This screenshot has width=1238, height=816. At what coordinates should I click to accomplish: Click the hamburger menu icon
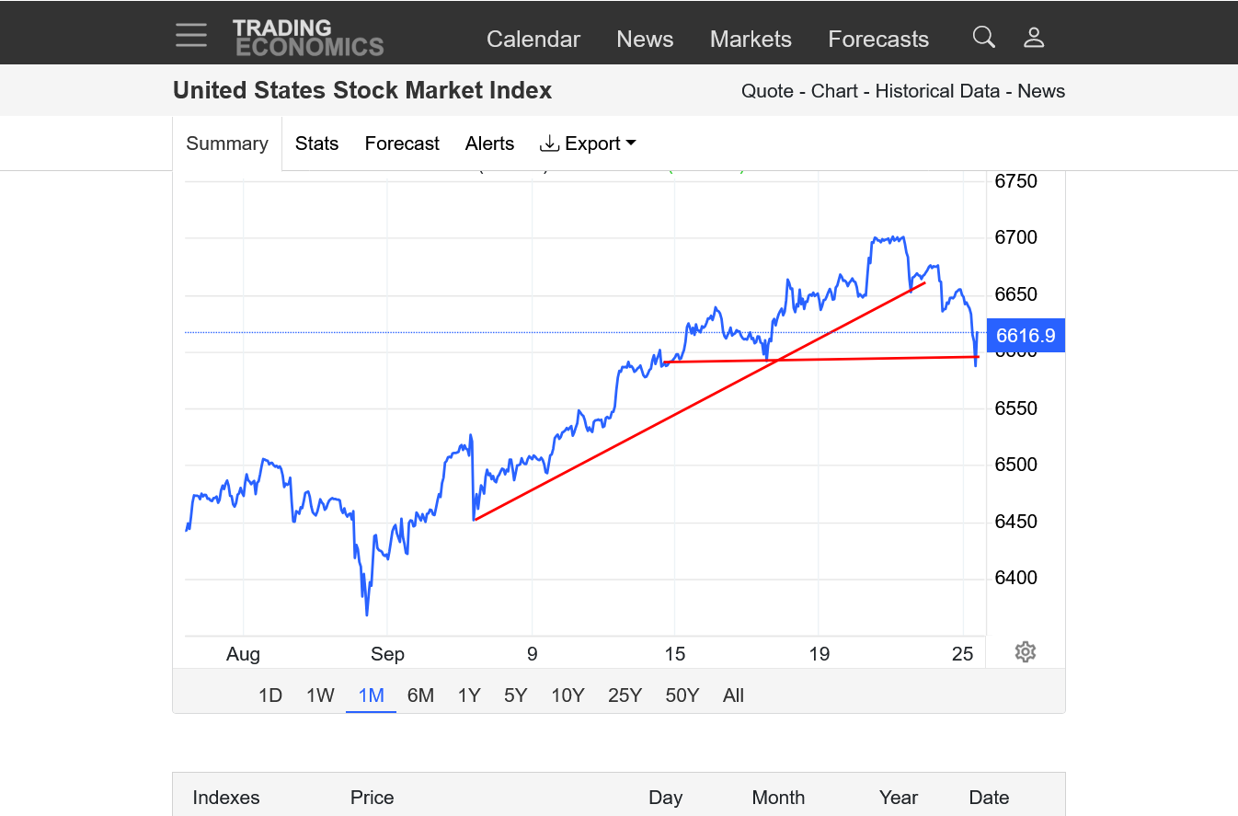tap(191, 35)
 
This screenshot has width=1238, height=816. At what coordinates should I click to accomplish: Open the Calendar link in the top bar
tap(533, 39)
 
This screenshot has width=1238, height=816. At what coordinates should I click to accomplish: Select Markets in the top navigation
tap(751, 39)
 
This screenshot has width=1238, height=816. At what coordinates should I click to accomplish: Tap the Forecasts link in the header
tap(878, 39)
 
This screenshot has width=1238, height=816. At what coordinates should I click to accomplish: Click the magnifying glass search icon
tap(984, 37)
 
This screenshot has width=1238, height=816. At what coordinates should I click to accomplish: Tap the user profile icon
tap(1034, 37)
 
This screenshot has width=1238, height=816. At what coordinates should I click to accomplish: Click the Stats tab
tap(316, 144)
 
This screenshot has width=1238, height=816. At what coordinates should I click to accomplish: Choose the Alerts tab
tap(489, 144)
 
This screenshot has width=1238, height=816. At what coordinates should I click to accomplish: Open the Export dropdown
tap(589, 144)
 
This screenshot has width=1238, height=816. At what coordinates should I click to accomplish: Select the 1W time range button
tap(320, 695)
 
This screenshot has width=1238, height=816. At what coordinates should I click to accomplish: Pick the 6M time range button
tap(420, 695)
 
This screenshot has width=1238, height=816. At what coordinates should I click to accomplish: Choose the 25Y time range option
tap(625, 695)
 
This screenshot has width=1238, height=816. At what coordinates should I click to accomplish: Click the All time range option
tap(733, 695)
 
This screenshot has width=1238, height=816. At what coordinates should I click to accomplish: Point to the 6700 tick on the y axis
tap(1015, 237)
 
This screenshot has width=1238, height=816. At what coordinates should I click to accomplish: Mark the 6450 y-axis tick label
tap(1015, 522)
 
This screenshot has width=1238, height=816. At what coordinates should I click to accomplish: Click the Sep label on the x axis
tap(387, 654)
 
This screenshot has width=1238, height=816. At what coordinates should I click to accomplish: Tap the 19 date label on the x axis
tap(819, 654)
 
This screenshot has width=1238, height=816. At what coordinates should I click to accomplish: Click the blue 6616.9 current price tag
tap(1026, 335)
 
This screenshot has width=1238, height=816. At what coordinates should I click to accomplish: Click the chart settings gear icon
tap(1026, 652)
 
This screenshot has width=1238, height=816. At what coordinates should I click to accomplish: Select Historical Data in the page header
tap(937, 91)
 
